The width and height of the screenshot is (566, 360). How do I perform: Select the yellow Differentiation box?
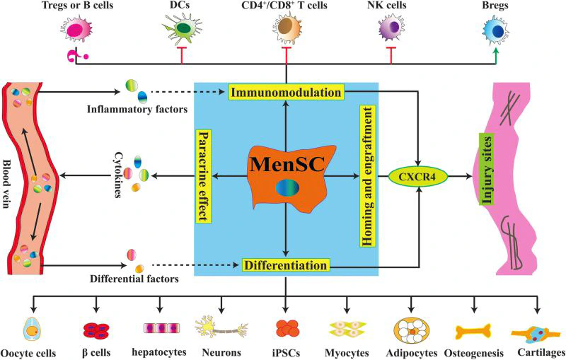click(x=287, y=266)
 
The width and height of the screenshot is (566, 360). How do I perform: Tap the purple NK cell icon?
click(x=389, y=30)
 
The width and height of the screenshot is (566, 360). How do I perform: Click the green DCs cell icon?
click(x=182, y=30)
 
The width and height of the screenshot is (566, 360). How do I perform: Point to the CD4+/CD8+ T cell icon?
click(x=287, y=30)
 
